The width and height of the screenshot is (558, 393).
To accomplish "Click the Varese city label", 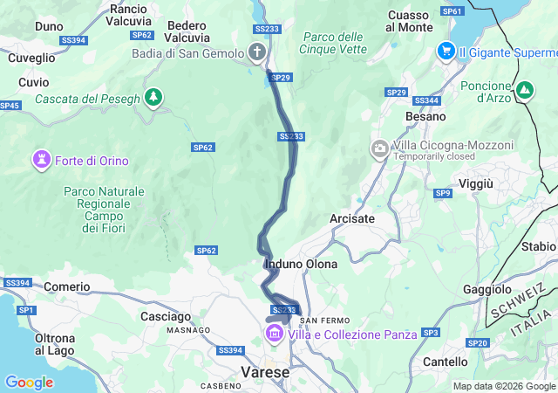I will (x=265, y=372).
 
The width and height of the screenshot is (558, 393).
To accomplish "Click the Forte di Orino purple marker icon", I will (x=41, y=160).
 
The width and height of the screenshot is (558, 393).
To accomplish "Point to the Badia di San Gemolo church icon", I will (x=257, y=53).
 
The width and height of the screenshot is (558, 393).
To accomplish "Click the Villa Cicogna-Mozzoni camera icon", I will (x=379, y=148).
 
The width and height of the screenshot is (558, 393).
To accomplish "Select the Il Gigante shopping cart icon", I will (x=446, y=52).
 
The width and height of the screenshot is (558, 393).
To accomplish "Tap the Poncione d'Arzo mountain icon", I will (x=525, y=90).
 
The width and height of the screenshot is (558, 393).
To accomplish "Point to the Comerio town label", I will (x=67, y=286).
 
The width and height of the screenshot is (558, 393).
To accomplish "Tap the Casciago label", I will (x=165, y=316).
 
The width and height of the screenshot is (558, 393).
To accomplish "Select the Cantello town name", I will (x=445, y=361).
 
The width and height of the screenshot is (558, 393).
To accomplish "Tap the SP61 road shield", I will (x=453, y=11).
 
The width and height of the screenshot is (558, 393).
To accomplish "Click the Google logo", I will (x=29, y=382).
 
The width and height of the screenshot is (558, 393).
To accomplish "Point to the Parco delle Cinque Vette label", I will (x=331, y=43).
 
